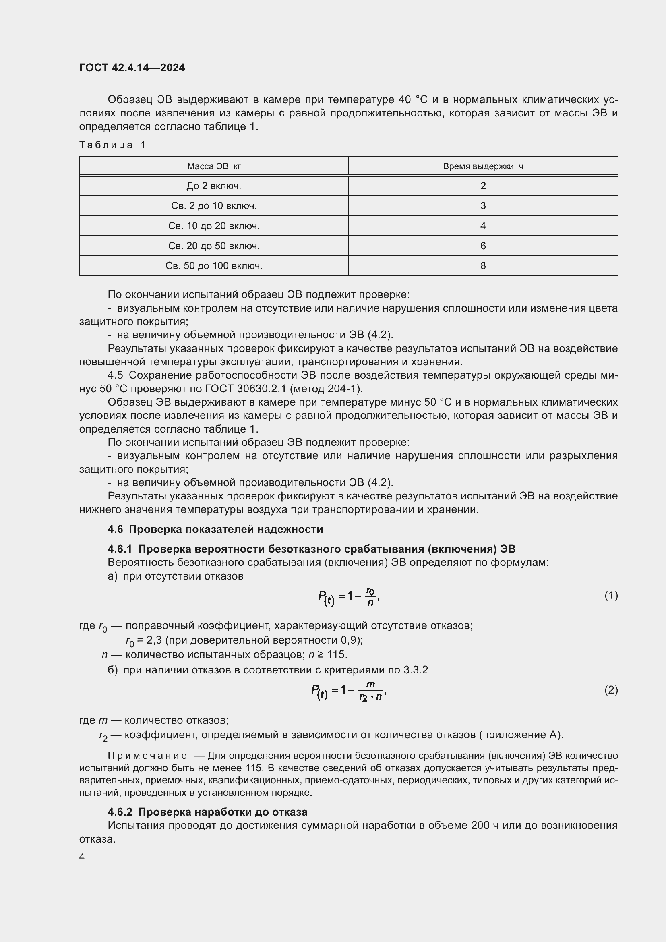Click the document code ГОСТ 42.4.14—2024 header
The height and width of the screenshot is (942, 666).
coord(132,68)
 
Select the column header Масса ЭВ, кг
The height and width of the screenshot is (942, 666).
coord(214,166)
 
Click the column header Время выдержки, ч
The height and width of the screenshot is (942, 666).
coord(483,166)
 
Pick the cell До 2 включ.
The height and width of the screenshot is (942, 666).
coord(214,186)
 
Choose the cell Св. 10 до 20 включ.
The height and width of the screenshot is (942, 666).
coord(214,226)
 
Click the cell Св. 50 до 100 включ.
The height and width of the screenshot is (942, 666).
coord(214,266)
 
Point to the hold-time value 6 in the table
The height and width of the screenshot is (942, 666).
coord(483,246)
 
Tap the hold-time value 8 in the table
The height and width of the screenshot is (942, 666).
coord(483,266)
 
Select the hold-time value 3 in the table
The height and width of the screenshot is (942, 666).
coord(483,205)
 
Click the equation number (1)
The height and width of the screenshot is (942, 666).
coord(611,595)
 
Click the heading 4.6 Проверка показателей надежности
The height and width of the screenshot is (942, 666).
coord(215,529)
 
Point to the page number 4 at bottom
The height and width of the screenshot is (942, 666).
coord(82,857)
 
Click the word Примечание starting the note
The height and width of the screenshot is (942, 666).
coord(147,756)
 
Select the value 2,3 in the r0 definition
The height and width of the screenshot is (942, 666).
coord(155,640)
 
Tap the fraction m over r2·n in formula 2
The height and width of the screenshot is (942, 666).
coord(370,691)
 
